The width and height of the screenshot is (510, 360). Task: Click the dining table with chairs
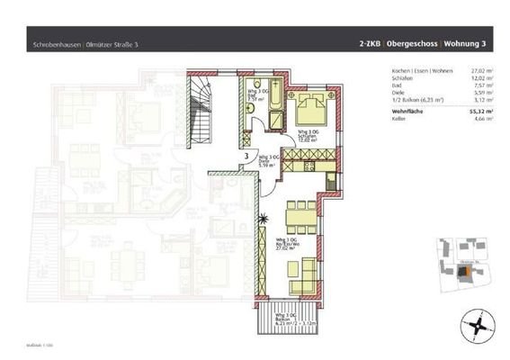point(299,217)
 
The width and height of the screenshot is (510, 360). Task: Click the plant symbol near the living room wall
point(264,219)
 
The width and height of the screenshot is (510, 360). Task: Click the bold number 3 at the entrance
point(246,154)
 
